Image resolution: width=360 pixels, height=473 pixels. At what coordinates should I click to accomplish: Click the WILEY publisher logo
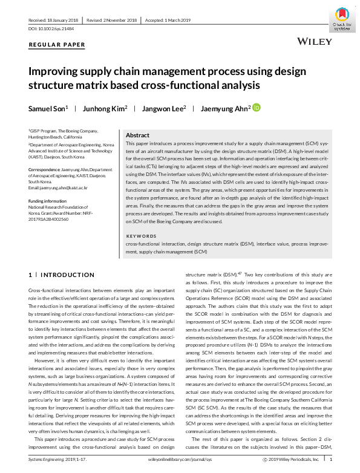tap(315, 42)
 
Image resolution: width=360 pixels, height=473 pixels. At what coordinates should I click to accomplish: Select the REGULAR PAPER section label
tap(57, 45)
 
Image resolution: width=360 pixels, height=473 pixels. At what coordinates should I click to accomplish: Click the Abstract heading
tap(137, 135)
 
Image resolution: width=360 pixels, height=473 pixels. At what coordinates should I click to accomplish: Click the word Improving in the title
tap(56, 72)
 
